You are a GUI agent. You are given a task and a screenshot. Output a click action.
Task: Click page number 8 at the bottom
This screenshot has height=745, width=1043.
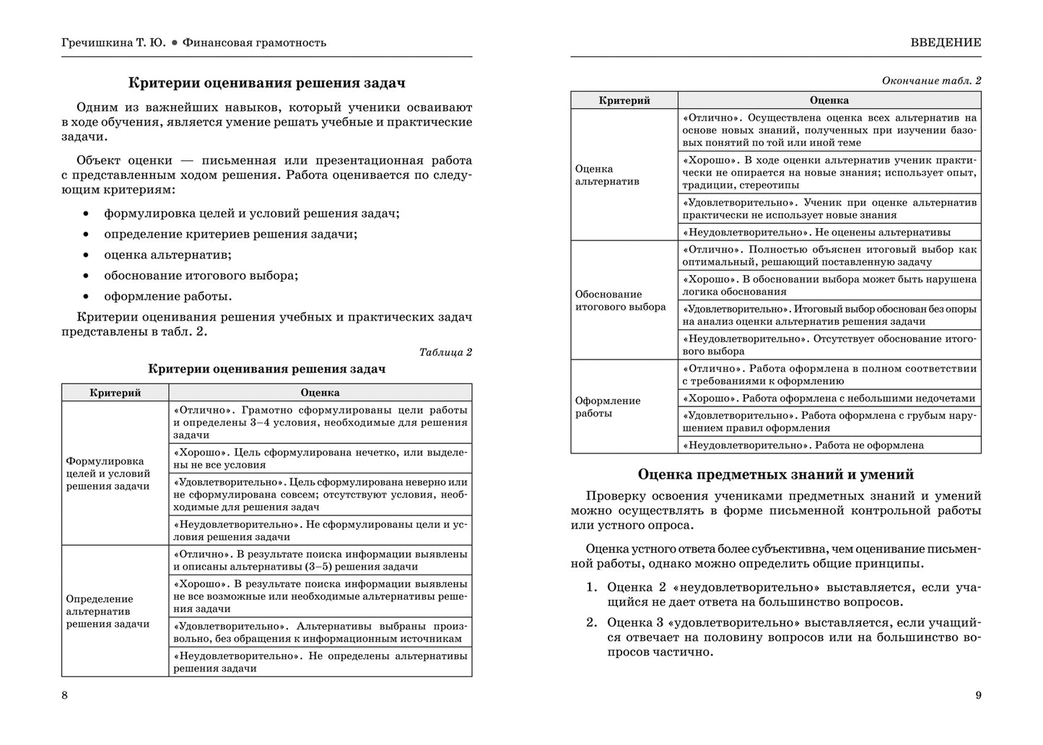(x=64, y=695)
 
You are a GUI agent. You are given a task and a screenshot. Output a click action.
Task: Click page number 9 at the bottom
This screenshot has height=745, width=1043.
(x=978, y=695)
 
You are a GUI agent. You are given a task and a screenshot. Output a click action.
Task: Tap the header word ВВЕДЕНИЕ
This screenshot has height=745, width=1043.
(x=946, y=43)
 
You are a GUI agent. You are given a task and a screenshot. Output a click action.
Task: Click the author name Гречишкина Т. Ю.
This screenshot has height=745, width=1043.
(x=113, y=43)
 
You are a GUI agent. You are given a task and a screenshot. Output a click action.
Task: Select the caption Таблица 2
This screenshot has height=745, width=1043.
(x=445, y=352)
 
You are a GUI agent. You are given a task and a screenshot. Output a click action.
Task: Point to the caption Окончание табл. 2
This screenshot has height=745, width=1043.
(x=931, y=81)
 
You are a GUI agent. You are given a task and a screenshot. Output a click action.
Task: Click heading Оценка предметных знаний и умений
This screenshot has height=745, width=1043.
(x=776, y=474)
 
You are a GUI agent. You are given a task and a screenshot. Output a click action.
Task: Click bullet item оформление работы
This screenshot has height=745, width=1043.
(x=168, y=296)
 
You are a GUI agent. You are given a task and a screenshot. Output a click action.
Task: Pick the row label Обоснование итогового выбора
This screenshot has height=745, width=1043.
(x=620, y=300)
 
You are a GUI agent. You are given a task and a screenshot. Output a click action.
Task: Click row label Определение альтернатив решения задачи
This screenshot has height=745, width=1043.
(x=108, y=611)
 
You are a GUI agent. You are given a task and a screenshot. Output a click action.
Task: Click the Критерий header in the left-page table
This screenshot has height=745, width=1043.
(x=115, y=393)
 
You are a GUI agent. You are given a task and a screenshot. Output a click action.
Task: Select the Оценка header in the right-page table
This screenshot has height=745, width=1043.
(x=829, y=100)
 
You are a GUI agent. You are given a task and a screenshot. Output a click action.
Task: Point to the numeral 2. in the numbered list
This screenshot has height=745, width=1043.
(x=592, y=623)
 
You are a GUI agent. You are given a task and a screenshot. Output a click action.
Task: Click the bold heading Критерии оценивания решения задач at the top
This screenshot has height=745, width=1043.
(x=266, y=83)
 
